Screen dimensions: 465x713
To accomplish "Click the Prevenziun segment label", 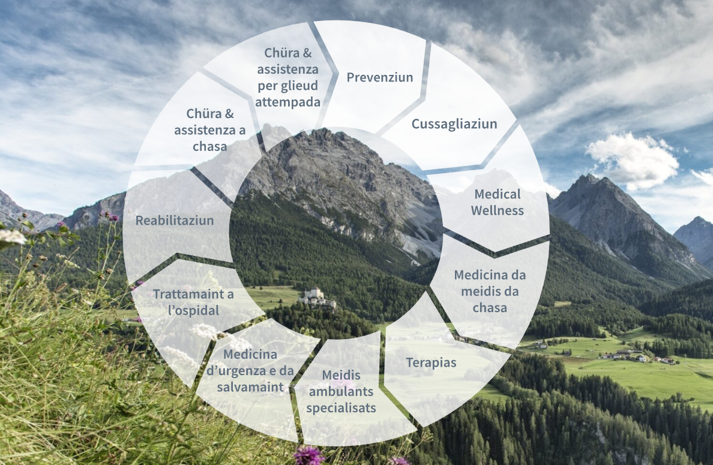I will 379,77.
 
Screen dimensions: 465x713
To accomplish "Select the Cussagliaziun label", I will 454,124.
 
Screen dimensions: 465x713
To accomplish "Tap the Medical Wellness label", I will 497,203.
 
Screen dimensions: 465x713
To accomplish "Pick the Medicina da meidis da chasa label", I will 490,291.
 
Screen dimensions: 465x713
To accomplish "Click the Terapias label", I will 431,363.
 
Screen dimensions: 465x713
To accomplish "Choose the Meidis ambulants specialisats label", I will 341,391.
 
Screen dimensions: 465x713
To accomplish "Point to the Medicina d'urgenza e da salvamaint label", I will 250,371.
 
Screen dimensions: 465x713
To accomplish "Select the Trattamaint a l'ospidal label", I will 193,302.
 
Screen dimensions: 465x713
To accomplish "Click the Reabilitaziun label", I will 175,220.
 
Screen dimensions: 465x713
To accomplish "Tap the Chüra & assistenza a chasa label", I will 210,130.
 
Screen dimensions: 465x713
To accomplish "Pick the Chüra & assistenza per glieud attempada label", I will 288,77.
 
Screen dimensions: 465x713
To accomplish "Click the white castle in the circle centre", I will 317,297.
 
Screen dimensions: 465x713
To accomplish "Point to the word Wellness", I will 497,210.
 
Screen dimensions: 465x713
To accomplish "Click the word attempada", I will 288,102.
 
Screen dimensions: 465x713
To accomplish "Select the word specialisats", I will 341,408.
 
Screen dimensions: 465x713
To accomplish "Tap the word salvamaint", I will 250,387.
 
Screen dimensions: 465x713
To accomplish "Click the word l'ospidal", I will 193,310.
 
